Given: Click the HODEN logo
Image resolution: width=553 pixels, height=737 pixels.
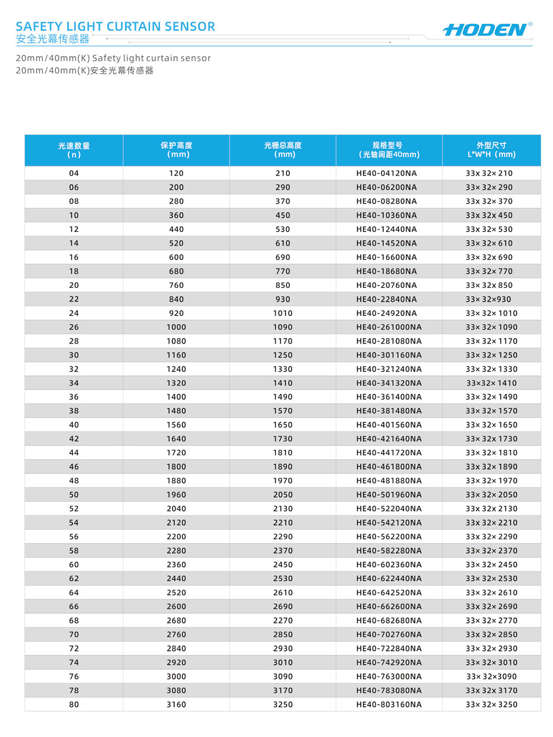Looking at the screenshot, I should pyautogui.click(x=485, y=30).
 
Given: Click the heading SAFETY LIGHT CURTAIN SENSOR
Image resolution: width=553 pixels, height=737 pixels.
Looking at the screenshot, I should pyautogui.click(x=115, y=26).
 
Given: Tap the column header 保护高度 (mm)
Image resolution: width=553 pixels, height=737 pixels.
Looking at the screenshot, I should pyautogui.click(x=176, y=150).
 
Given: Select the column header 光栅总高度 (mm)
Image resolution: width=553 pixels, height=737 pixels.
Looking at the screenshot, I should pyautogui.click(x=283, y=150).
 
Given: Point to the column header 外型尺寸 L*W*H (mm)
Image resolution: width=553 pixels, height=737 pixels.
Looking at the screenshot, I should pyautogui.click(x=491, y=150).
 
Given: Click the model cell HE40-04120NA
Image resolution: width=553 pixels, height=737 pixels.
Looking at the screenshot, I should pyautogui.click(x=387, y=173).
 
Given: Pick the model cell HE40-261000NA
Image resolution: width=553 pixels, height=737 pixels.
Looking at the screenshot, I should pyautogui.click(x=389, y=327).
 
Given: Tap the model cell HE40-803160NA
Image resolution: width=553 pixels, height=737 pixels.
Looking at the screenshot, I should pyautogui.click(x=389, y=704).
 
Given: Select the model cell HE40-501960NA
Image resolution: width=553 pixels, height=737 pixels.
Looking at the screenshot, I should pyautogui.click(x=389, y=495).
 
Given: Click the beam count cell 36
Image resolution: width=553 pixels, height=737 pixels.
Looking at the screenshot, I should pyautogui.click(x=74, y=397).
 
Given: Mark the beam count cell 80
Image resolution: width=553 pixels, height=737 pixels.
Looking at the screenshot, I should pyautogui.click(x=74, y=704).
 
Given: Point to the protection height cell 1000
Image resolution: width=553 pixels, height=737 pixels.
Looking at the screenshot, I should pyautogui.click(x=176, y=327).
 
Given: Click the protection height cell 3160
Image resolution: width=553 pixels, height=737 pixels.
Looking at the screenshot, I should pyautogui.click(x=176, y=704).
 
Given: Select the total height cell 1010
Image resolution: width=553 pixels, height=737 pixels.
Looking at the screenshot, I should pyautogui.click(x=283, y=313).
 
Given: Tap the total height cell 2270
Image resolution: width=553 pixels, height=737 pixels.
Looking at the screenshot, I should pyautogui.click(x=283, y=620).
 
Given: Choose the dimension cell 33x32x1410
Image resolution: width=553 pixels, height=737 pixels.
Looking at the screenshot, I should pyautogui.click(x=491, y=383).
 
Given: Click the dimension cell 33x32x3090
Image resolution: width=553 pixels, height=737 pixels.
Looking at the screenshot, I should pyautogui.click(x=491, y=677).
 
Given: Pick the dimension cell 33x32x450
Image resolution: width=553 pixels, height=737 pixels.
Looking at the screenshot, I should pyautogui.click(x=489, y=215).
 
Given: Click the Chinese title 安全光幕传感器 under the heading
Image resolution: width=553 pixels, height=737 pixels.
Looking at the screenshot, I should pyautogui.click(x=53, y=39).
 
